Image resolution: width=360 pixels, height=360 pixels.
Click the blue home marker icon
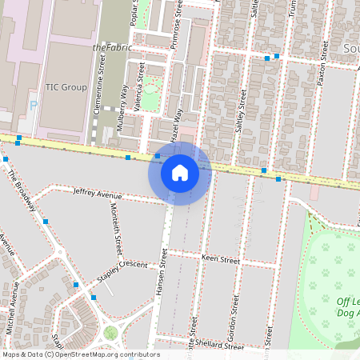(x=180, y=172)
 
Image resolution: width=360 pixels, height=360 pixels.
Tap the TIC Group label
(x=66, y=86)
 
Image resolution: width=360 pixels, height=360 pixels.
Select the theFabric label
(x=111, y=48)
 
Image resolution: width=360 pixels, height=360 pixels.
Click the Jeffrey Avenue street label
(x=97, y=193)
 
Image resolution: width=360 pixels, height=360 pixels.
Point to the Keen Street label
(x=221, y=260)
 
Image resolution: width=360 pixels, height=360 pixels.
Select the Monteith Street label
(x=117, y=240)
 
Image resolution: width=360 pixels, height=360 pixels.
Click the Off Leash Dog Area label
(x=347, y=307)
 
